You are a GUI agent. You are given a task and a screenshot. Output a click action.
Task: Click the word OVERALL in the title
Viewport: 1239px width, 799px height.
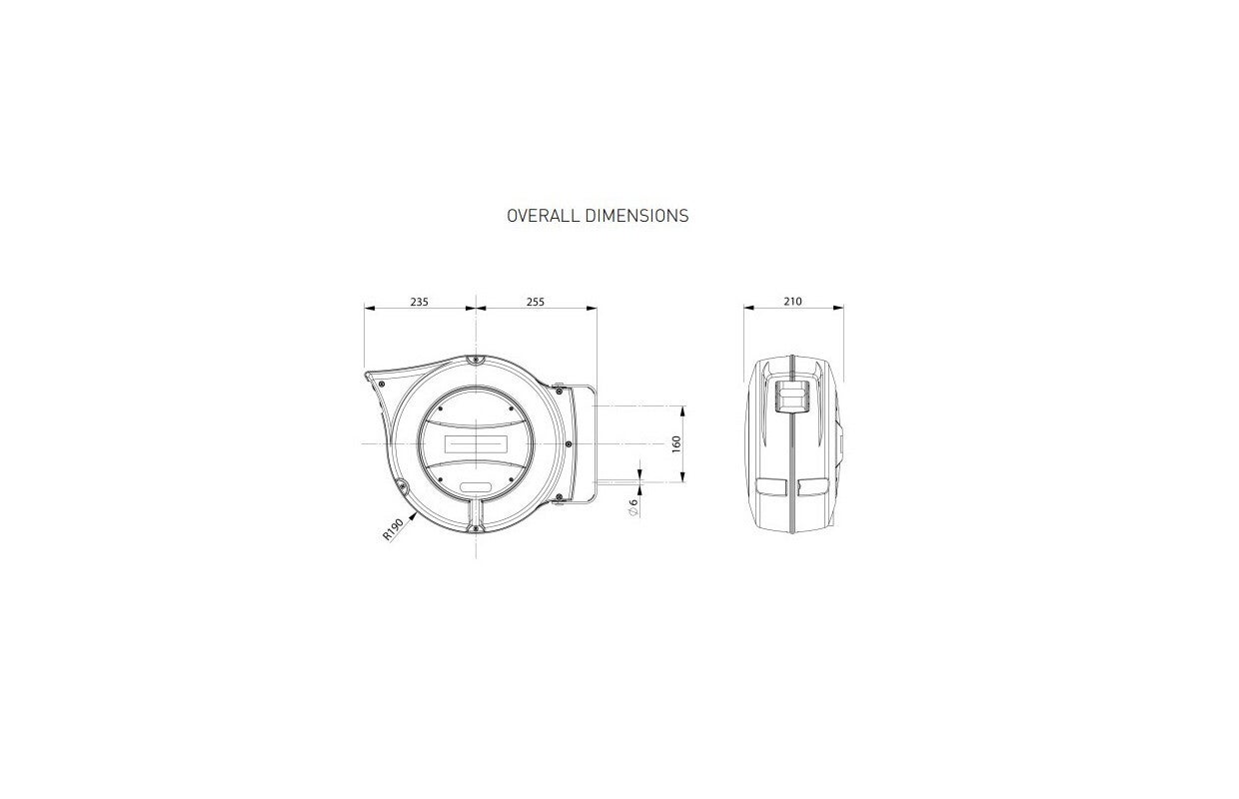click(544, 216)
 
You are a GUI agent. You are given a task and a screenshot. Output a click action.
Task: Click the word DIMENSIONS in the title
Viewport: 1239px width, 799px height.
click(636, 216)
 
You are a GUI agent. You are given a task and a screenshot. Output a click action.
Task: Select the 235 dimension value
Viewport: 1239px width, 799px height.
click(420, 302)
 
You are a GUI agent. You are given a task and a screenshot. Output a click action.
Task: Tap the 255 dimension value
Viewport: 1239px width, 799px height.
click(536, 302)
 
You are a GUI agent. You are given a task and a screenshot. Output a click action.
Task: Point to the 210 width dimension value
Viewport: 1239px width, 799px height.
click(792, 302)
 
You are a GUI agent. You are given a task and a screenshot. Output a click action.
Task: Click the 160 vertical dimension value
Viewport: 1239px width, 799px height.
click(676, 444)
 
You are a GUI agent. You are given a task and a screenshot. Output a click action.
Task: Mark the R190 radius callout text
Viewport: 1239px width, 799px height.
click(393, 529)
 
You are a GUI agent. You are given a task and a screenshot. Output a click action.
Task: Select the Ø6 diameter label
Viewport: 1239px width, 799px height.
click(633, 507)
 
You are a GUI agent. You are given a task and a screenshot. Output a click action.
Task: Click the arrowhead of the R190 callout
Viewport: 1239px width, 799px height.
click(412, 516)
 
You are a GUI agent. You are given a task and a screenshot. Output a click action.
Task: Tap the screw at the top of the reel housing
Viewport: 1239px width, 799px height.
click(476, 360)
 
